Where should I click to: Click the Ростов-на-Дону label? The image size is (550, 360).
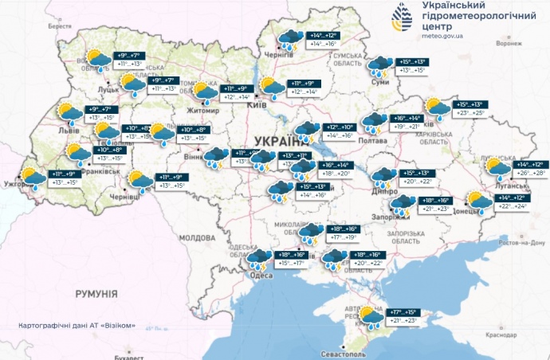click(522, 241)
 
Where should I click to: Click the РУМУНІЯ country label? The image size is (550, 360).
click(96, 294)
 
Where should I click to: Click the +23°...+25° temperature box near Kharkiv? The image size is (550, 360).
click(469, 113)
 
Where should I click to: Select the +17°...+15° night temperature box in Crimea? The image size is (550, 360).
click(405, 311)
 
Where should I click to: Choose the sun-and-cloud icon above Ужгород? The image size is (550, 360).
click(33, 178)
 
